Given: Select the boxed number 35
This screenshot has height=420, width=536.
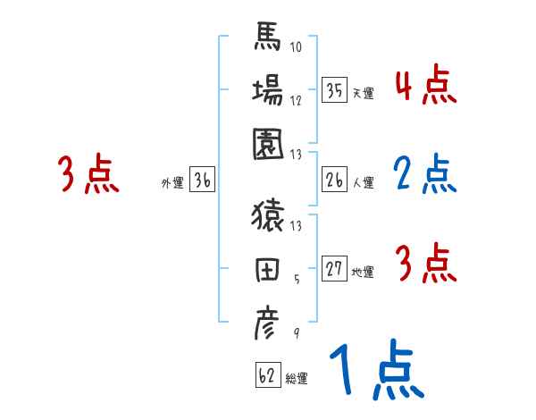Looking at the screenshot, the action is point(334,89).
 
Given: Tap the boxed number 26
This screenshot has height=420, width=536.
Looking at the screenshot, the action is point(334,181).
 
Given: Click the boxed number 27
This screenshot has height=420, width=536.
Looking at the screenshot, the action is point(334,269).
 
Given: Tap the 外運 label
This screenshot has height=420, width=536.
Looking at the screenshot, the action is point(172,183).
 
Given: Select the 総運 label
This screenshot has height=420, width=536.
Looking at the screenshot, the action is point(297,378).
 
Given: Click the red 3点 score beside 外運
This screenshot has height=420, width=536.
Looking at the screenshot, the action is point(87,174).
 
